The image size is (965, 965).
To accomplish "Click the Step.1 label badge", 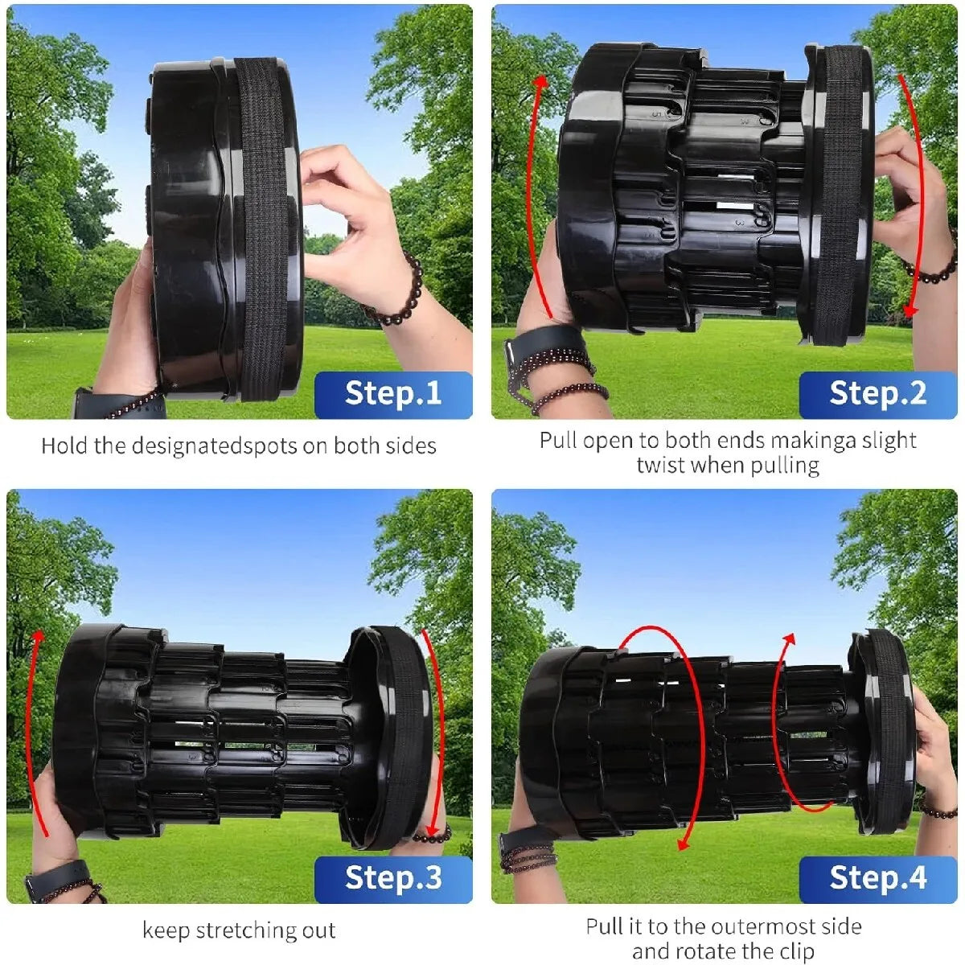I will coord(393,394).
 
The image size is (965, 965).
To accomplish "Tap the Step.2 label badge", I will coord(877,394).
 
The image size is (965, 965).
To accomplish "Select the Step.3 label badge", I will coord(393,878).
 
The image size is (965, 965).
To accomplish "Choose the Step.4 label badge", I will coord(877,878).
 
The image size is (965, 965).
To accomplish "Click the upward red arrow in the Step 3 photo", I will coord(29,724).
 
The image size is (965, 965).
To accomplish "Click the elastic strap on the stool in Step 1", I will coord(264,225).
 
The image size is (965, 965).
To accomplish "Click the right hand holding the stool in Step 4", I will coord(933,756).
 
